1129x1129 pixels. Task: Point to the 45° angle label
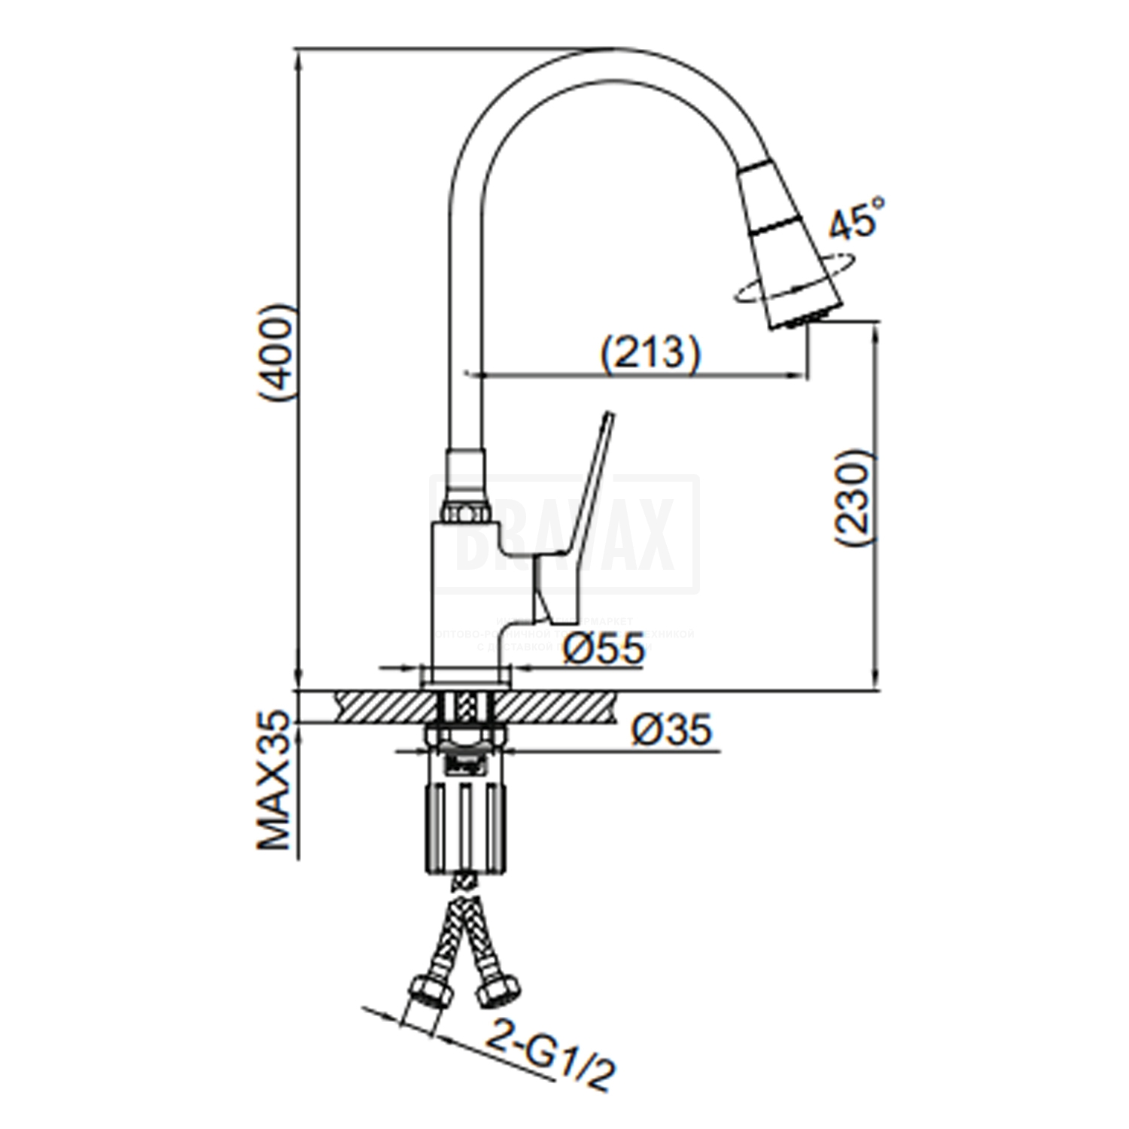click(855, 218)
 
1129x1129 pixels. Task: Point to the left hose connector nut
click(430, 987)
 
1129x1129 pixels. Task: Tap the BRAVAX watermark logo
click(564, 534)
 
